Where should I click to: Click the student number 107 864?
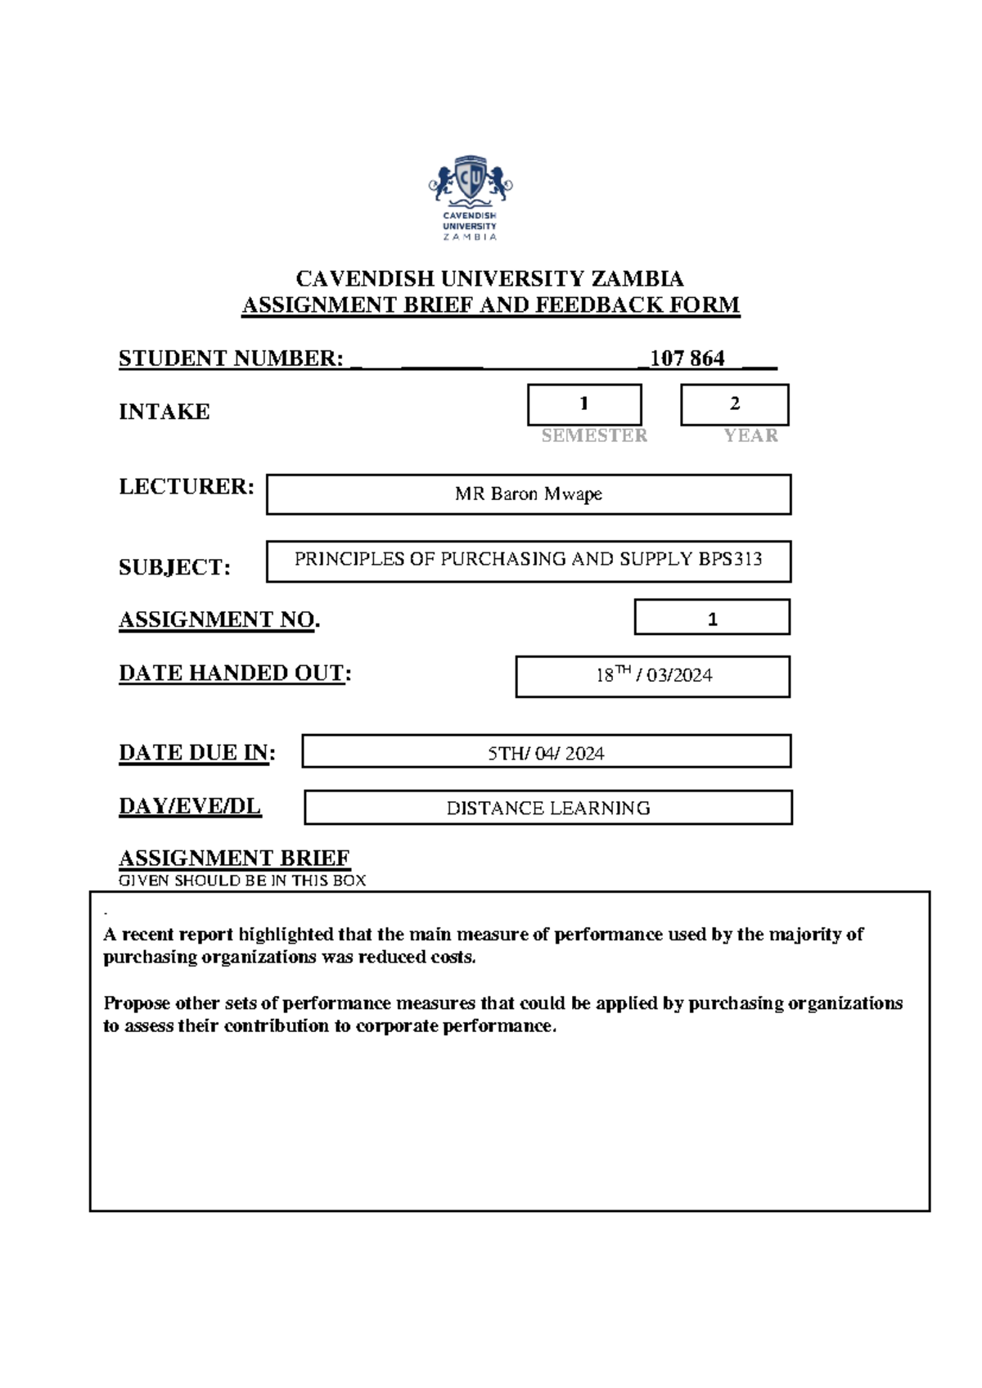[687, 358]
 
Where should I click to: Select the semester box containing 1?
[584, 404]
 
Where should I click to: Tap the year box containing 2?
[734, 404]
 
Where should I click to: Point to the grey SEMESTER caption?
[594, 435]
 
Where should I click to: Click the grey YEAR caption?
[750, 435]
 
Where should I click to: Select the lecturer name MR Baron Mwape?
[529, 494]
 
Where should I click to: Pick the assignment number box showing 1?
[712, 619]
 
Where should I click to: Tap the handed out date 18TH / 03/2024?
[653, 676]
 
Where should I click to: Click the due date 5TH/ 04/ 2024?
[546, 754]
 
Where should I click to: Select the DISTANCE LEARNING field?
[547, 809]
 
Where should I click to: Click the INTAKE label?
[164, 412]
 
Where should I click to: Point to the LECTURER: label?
[187, 487]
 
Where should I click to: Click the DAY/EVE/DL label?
[190, 806]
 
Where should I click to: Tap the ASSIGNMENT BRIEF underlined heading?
[234, 858]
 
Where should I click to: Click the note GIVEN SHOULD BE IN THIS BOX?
[242, 881]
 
